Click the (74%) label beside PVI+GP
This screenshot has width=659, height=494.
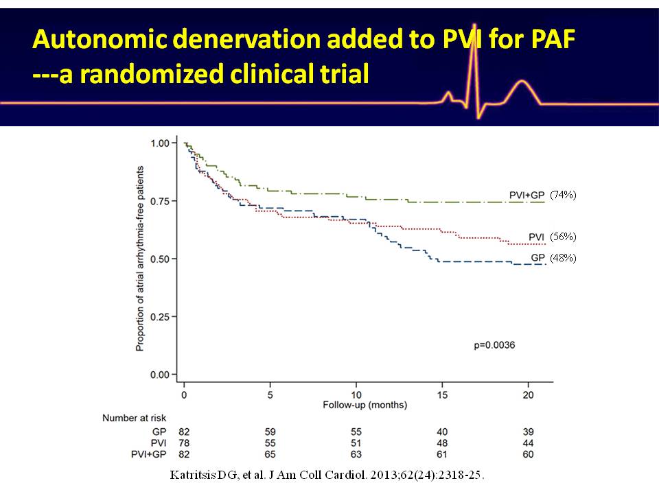tap(564, 195)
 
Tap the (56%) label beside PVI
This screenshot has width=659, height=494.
tap(564, 237)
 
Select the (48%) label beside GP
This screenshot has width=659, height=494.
tap(564, 258)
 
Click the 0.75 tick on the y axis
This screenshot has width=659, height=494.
tap(160, 201)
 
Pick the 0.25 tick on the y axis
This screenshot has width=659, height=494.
tap(160, 317)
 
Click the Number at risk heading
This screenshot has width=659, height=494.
tap(134, 418)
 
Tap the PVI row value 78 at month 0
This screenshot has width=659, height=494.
tap(184, 443)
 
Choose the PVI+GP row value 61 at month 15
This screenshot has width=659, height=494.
tap(442, 454)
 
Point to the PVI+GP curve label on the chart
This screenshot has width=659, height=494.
tap(527, 196)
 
